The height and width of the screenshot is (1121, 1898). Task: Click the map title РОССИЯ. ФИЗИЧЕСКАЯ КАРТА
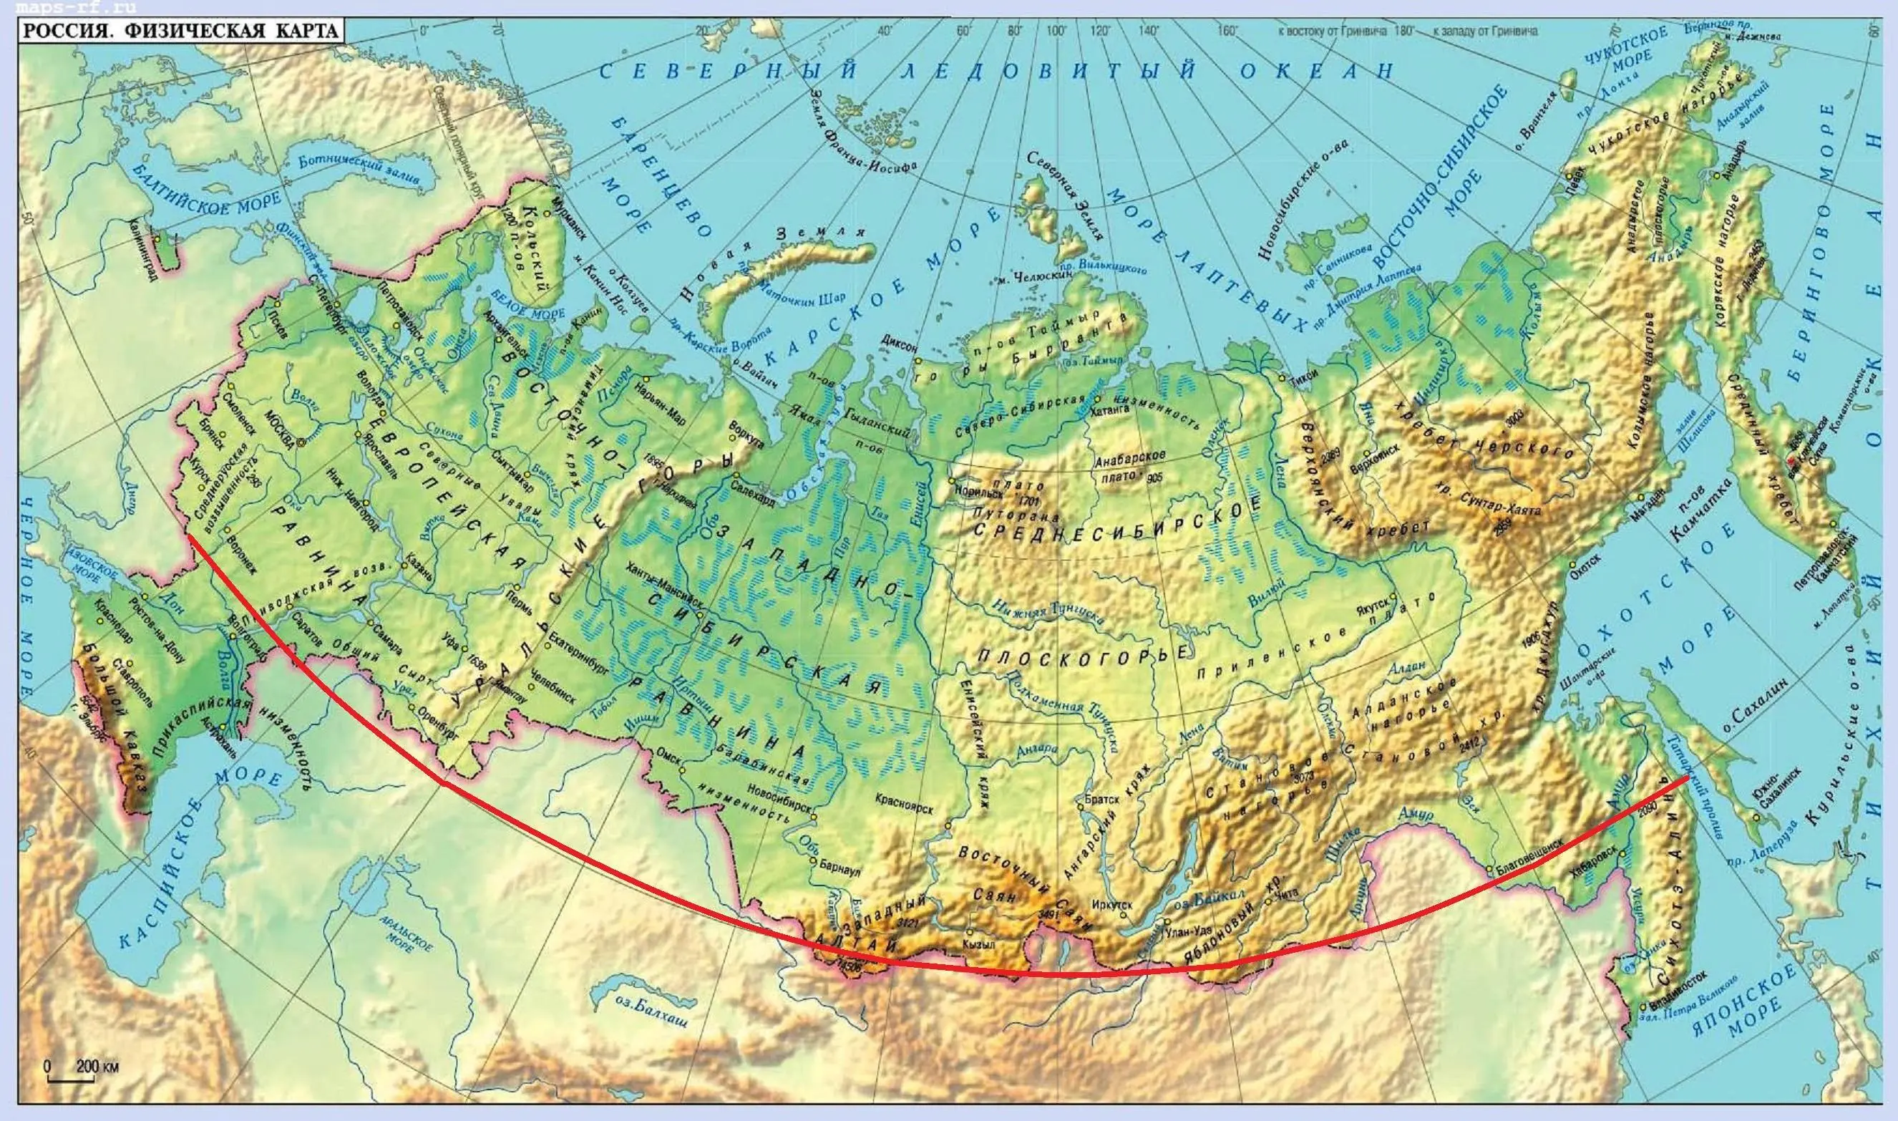pos(180,31)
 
